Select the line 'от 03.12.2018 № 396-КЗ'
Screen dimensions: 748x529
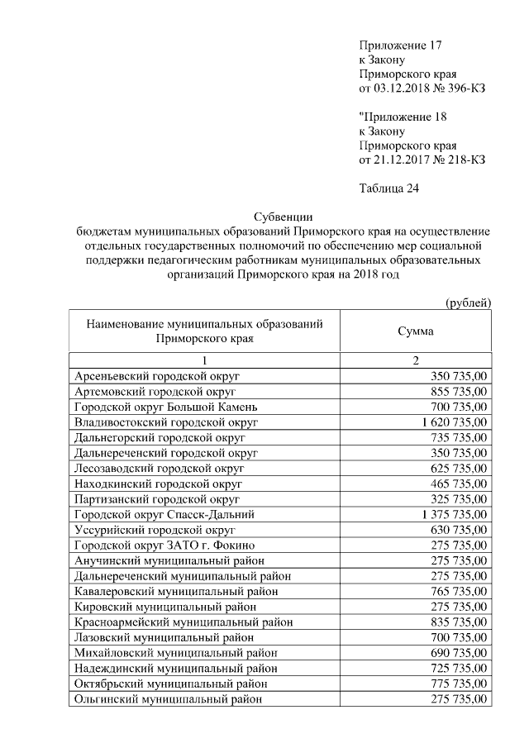(422, 88)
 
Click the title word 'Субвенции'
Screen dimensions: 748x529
(281, 217)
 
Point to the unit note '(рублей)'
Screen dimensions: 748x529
(469, 303)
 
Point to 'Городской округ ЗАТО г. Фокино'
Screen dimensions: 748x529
(164, 546)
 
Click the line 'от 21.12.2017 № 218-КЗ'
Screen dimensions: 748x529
(422, 159)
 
